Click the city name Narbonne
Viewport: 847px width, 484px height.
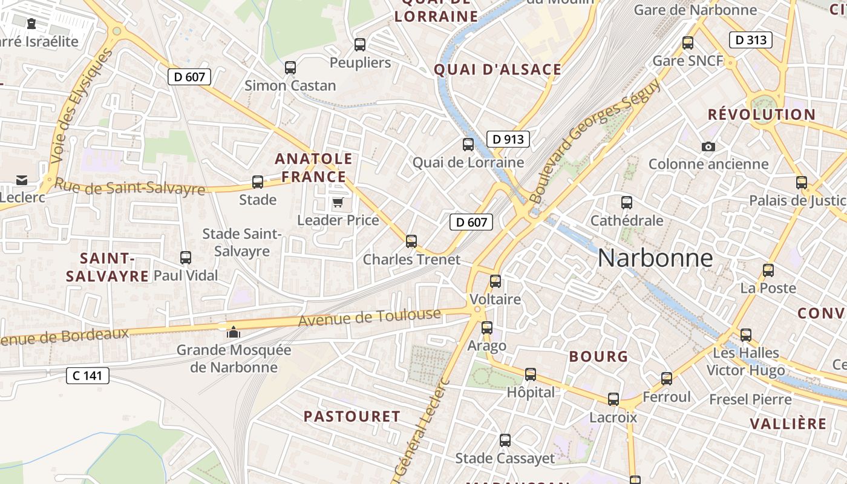[655, 258]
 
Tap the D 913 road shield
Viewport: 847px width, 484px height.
[508, 139]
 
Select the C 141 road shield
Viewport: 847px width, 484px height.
[87, 376]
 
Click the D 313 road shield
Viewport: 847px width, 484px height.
[751, 41]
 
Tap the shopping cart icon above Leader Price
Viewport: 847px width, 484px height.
[338, 202]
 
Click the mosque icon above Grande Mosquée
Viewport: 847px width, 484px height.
[233, 332]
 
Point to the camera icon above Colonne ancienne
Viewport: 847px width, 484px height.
[708, 146]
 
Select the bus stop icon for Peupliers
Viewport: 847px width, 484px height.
[360, 44]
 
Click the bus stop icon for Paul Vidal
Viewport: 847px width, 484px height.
[186, 258]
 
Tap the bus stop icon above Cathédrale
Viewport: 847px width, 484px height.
[627, 203]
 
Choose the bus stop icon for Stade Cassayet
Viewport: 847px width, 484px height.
[505, 440]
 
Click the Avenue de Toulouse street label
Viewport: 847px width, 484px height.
[370, 317]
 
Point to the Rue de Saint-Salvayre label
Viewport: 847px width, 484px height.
[130, 187]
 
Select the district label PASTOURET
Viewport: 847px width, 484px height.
[352, 416]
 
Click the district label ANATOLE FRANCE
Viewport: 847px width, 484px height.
[313, 168]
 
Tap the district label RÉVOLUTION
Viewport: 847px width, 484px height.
[762, 114]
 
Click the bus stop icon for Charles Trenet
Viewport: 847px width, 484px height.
[411, 241]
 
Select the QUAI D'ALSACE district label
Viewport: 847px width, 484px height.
[498, 70]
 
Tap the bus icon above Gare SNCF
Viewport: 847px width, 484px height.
[687, 43]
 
